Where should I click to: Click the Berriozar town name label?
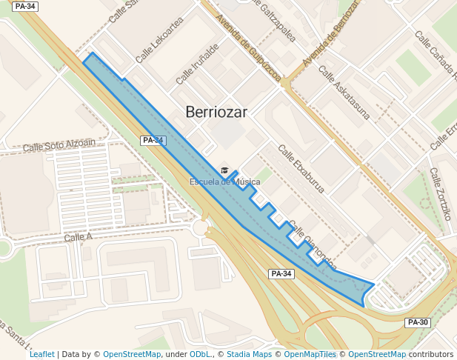click(x=216, y=112)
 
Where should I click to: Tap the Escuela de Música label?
click(x=224, y=182)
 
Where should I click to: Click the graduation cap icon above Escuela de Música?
click(x=225, y=170)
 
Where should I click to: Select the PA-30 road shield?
click(x=418, y=322)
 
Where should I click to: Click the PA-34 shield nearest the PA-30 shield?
click(x=281, y=274)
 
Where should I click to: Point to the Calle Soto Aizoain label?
click(x=59, y=146)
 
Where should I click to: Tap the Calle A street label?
click(x=78, y=237)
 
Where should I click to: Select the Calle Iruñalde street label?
click(x=197, y=64)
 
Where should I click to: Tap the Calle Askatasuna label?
click(x=343, y=93)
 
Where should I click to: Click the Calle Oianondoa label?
click(x=312, y=245)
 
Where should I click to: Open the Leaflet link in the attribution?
click(x=41, y=354)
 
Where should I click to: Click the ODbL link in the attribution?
click(x=200, y=354)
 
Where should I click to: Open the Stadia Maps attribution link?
click(x=249, y=354)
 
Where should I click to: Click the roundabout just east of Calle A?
click(x=201, y=228)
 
